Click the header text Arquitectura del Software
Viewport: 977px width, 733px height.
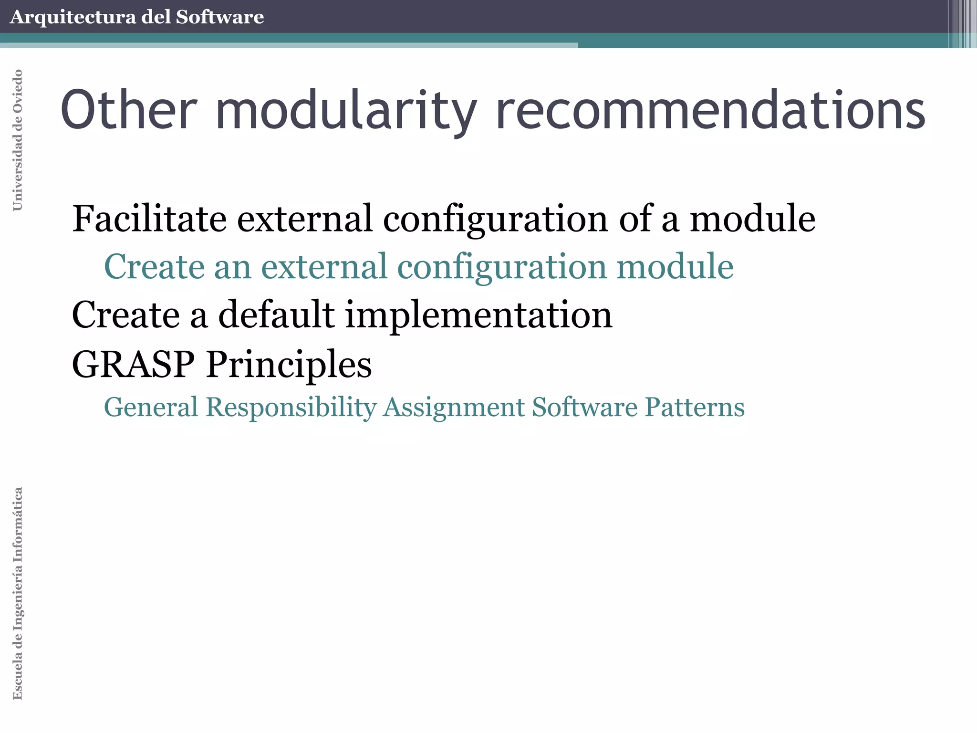click(x=136, y=17)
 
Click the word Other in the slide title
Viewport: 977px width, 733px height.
click(x=128, y=110)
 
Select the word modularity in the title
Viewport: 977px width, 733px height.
click(x=346, y=111)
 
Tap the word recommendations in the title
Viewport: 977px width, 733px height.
click(x=710, y=110)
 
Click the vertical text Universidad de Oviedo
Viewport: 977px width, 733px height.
click(x=18, y=140)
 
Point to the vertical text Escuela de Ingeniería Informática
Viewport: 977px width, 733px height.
click(x=18, y=593)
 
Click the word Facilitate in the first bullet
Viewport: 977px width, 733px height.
click(x=149, y=219)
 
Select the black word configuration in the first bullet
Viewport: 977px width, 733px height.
click(x=496, y=220)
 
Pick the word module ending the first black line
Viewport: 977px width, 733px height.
click(x=752, y=219)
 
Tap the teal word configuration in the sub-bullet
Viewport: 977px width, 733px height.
click(x=502, y=267)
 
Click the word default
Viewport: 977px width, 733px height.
click(x=277, y=315)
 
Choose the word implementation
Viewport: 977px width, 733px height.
click(x=478, y=316)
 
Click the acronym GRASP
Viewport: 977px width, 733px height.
click(x=134, y=364)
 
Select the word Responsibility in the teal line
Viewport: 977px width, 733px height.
click(x=291, y=408)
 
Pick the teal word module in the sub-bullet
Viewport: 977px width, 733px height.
click(x=675, y=266)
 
